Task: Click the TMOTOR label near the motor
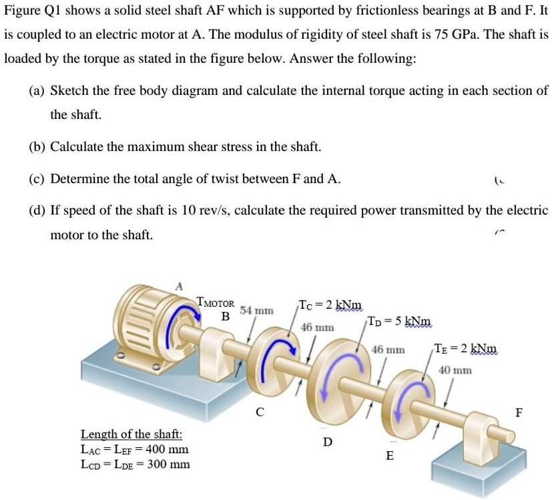click(216, 302)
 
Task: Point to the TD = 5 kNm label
click(399, 321)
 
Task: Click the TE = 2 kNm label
click(465, 349)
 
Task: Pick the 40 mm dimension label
click(455, 370)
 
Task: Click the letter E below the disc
click(390, 456)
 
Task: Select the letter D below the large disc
click(327, 441)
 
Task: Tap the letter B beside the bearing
click(226, 316)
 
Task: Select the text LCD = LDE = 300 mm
click(135, 464)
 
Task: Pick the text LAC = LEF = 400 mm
click(134, 449)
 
